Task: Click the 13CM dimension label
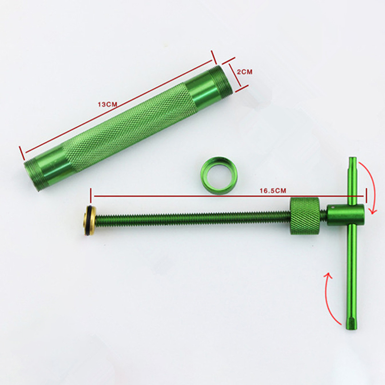(107, 104)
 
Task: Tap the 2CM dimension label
(244, 72)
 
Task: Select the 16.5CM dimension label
(273, 191)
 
